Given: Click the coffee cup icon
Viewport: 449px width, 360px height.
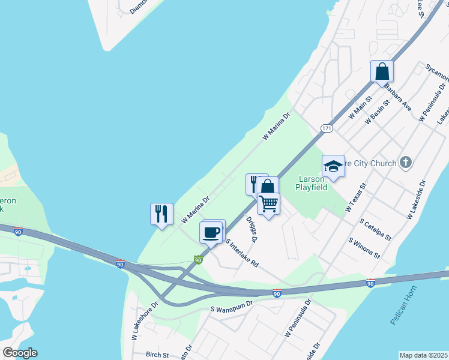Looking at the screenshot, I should click(211, 232).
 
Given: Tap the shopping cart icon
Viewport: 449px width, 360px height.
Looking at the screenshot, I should click(268, 203).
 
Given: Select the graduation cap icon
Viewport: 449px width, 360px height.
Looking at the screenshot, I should click(333, 166).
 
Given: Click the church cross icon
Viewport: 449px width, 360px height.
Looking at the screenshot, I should click(406, 163).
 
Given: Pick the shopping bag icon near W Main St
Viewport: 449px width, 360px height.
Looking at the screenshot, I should click(382, 71).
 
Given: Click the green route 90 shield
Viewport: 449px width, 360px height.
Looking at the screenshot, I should click(198, 260).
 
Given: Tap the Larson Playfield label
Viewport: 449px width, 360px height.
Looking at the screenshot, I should click(313, 182).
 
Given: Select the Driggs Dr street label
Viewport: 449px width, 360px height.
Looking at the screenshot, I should click(252, 229).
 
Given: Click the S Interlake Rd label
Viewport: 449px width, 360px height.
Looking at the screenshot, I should click(242, 253).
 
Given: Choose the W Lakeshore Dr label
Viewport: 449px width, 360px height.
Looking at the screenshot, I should click(144, 322).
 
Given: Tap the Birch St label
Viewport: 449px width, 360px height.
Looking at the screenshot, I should click(158, 355).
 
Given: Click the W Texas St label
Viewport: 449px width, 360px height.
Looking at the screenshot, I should click(355, 199).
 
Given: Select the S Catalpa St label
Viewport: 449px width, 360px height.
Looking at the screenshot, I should click(375, 230).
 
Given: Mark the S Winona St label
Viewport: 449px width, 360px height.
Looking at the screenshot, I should click(365, 247).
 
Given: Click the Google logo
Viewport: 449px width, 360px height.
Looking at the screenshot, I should click(20, 353).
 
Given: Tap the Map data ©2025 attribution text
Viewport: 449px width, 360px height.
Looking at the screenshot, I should click(424, 355).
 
